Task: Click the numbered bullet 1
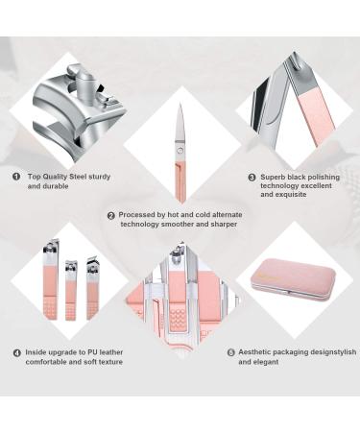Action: click(x=16, y=177)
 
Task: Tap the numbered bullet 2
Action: click(x=111, y=215)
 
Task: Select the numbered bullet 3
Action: click(x=252, y=177)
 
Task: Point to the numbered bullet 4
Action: click(x=16, y=353)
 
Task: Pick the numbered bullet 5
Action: click(x=230, y=352)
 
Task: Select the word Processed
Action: click(x=139, y=215)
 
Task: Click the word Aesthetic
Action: click(x=258, y=352)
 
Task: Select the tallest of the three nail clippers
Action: click(x=49, y=278)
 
